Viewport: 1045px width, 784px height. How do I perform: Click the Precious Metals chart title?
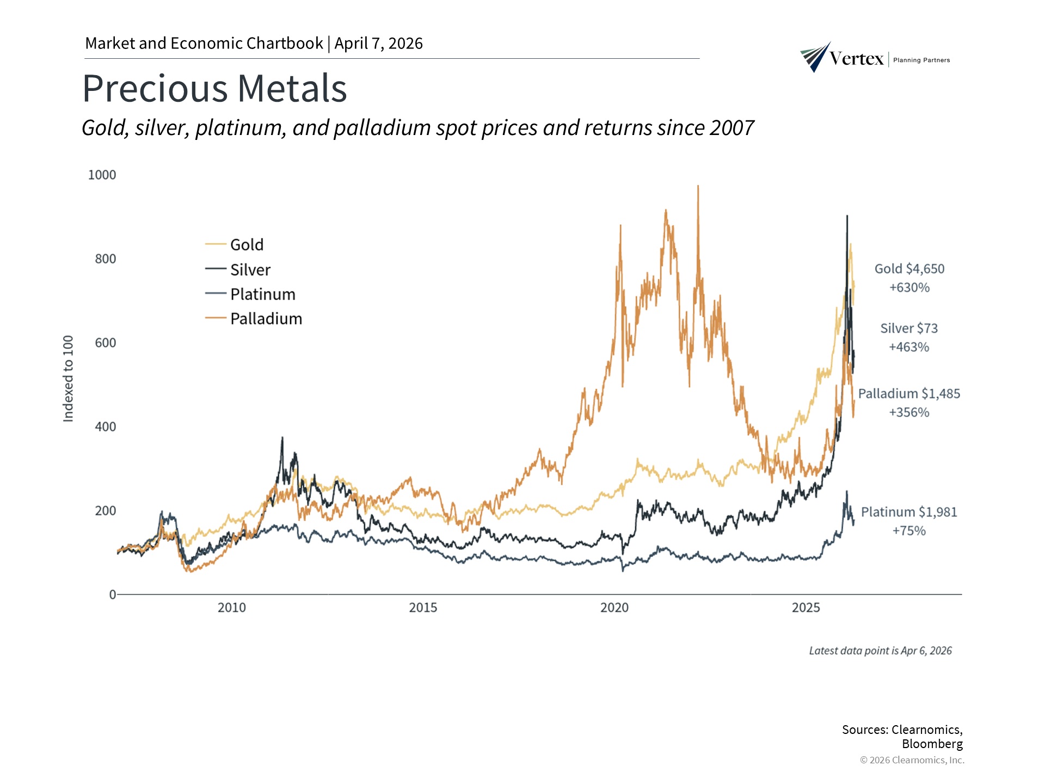click(x=214, y=88)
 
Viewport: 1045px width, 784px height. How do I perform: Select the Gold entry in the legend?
click(x=247, y=244)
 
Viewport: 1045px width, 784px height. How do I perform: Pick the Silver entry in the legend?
click(x=250, y=269)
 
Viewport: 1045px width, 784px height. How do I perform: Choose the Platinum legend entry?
click(x=262, y=294)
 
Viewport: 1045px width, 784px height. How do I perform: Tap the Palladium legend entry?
click(x=266, y=318)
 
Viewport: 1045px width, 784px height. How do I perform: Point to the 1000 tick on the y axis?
click(x=102, y=175)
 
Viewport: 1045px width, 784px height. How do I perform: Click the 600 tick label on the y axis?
click(x=105, y=342)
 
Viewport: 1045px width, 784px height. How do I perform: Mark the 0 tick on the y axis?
click(x=112, y=595)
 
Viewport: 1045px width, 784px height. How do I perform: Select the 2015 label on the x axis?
click(x=423, y=608)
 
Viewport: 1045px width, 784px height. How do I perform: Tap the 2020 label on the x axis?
click(x=614, y=608)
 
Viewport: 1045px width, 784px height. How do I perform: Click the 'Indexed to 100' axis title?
click(x=68, y=378)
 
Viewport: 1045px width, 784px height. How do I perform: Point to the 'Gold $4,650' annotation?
click(x=909, y=269)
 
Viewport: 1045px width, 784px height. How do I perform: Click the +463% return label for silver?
click(x=909, y=347)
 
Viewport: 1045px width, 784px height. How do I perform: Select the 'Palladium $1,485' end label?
click(x=909, y=394)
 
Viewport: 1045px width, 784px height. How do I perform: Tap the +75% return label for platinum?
click(x=909, y=531)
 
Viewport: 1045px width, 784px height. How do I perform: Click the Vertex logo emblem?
click(x=815, y=57)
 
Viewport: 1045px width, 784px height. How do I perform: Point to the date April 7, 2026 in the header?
click(x=378, y=44)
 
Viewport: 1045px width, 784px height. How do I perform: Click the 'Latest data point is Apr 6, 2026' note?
click(x=880, y=651)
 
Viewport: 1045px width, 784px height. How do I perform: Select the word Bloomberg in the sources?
click(x=932, y=744)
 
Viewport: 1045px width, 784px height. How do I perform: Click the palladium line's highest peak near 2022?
click(x=698, y=187)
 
